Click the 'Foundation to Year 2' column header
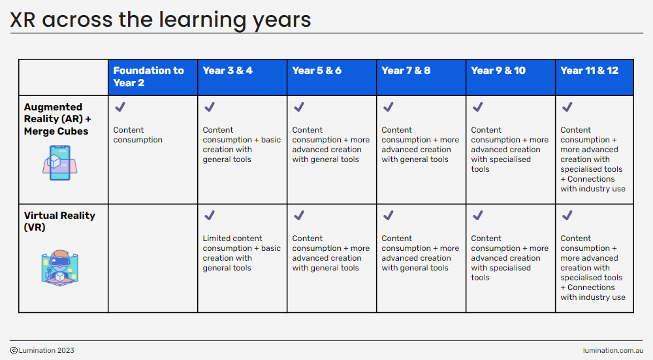[149, 76]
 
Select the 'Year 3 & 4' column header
[227, 71]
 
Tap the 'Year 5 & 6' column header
[317, 71]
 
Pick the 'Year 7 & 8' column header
[406, 71]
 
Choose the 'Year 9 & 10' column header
[498, 71]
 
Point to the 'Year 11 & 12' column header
[589, 71]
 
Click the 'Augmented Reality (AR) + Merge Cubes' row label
[57, 119]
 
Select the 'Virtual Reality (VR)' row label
[59, 221]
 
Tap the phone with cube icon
[60, 163]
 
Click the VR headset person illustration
[60, 268]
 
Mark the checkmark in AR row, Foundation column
[120, 107]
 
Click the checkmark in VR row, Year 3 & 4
[210, 216]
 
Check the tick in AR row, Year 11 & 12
[567, 107]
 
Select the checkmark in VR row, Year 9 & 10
[478, 216]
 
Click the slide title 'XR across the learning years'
[161, 20]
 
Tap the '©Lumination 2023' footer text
[42, 350]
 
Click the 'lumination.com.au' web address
[613, 350]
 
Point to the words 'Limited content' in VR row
[232, 238]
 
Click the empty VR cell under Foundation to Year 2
[153, 258]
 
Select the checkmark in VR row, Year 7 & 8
[388, 216]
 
